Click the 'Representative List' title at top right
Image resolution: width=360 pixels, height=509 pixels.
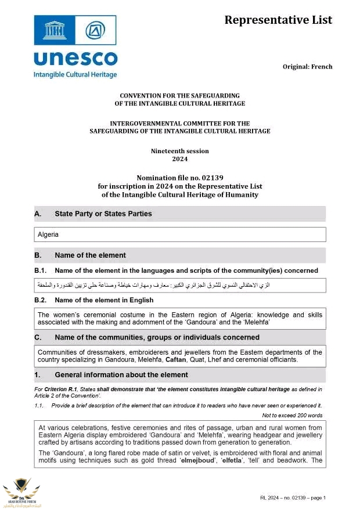tap(278, 20)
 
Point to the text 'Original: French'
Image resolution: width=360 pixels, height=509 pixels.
tap(307, 67)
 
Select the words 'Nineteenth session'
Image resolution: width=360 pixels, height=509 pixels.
tap(180, 151)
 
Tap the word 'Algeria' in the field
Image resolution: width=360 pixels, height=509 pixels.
tap(48, 235)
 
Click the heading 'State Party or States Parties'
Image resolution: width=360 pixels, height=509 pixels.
tap(103, 214)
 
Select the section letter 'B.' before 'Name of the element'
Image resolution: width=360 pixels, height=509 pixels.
tap(38, 255)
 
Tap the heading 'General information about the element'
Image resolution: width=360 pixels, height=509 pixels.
tap(121, 375)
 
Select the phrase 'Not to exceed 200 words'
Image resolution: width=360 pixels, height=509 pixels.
tap(293, 416)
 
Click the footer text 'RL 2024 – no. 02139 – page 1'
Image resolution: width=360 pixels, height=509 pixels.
tap(293, 498)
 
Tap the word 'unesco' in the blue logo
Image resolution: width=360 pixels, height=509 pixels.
tap(75, 59)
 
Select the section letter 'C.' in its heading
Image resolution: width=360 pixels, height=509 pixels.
tap(38, 337)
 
